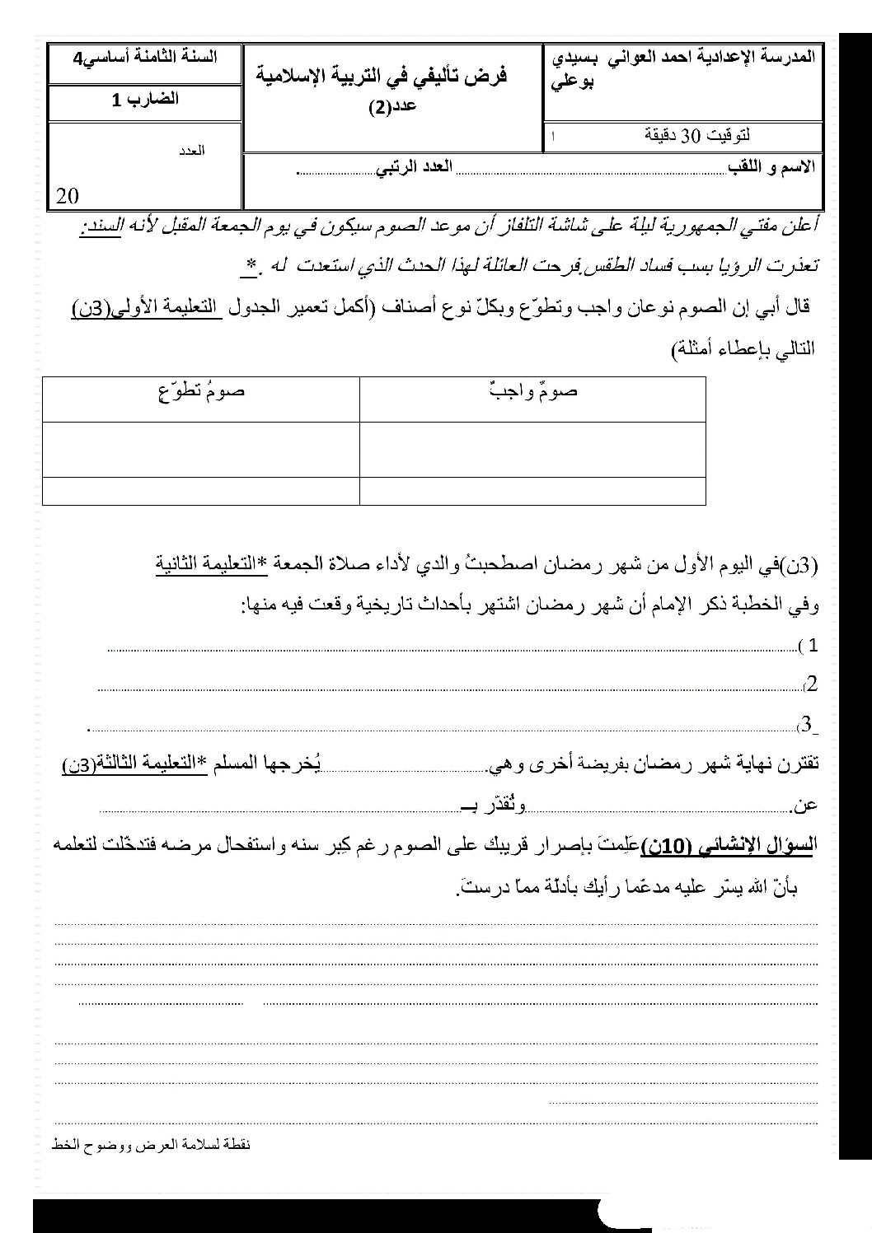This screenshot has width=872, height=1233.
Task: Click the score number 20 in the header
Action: coord(68,195)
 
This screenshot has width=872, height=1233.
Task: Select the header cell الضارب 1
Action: coord(146,100)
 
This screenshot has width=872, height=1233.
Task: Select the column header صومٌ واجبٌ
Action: coord(532,391)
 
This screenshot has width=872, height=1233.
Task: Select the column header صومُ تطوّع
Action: coord(201,391)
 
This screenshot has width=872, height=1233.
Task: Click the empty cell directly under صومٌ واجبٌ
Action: coord(532,449)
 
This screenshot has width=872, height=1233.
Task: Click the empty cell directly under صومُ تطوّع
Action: coord(201,449)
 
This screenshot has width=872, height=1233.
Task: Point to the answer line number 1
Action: coord(453,647)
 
